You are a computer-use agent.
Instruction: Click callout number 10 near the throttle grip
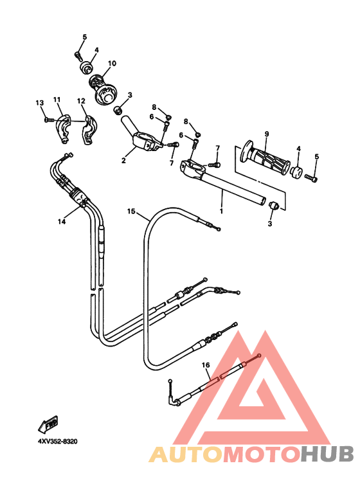(x=112, y=64)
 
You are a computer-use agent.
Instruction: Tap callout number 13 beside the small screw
(x=39, y=103)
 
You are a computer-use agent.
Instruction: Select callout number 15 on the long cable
(x=131, y=212)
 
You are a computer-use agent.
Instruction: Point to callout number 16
(x=206, y=365)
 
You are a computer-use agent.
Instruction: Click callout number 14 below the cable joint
(x=62, y=222)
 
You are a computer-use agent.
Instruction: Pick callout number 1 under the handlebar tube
(x=221, y=211)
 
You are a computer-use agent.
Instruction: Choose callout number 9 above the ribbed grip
(x=267, y=134)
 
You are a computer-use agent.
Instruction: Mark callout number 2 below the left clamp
(x=123, y=160)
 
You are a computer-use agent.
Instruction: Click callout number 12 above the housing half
(x=81, y=101)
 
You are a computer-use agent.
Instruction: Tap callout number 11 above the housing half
(x=57, y=100)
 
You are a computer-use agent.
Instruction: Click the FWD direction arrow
(x=48, y=424)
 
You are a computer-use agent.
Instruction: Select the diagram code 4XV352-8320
(x=57, y=441)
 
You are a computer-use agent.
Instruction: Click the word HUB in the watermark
(x=327, y=454)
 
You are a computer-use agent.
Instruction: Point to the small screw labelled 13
(x=49, y=120)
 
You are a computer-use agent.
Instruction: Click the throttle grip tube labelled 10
(x=104, y=89)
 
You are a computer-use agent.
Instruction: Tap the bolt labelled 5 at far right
(x=311, y=178)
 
